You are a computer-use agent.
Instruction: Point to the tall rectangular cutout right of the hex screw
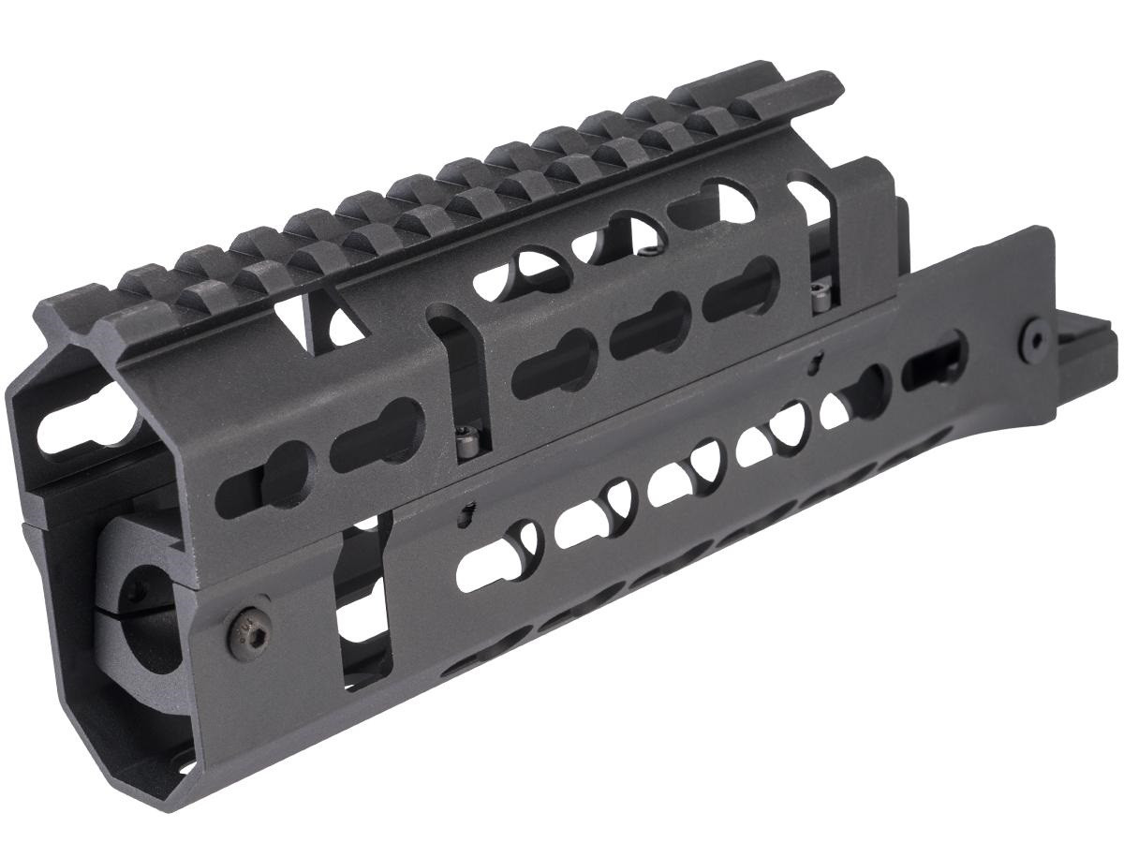[x=361, y=609]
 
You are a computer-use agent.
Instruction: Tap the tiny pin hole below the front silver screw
[x=465, y=511]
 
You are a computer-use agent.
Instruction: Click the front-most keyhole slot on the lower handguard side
[x=492, y=553]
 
